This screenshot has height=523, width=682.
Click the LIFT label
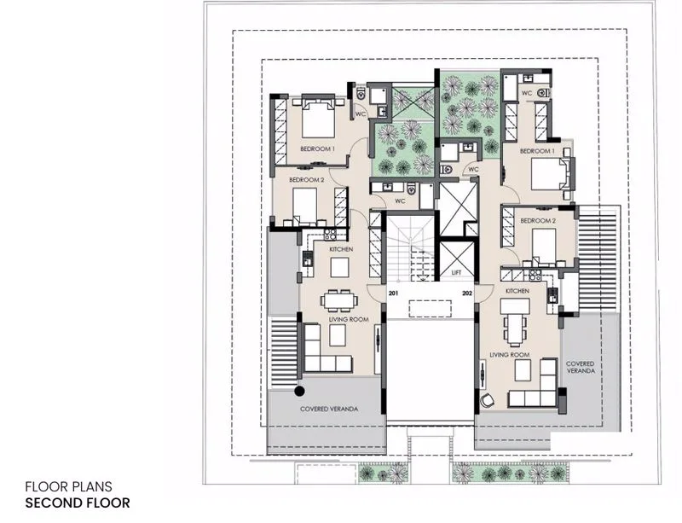pyautogui.click(x=456, y=273)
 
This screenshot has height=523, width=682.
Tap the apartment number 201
pyautogui.click(x=393, y=293)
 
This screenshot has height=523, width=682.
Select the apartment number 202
pyautogui.click(x=467, y=293)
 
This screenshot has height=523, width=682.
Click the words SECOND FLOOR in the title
pyautogui.click(x=78, y=503)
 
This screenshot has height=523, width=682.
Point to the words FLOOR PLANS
pyautogui.click(x=69, y=486)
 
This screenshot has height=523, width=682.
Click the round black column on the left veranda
pyautogui.click(x=299, y=391)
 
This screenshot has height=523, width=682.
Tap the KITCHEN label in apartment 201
pyautogui.click(x=341, y=249)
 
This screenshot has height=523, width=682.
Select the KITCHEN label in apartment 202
pyautogui.click(x=517, y=291)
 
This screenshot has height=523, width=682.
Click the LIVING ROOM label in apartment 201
pyautogui.click(x=349, y=320)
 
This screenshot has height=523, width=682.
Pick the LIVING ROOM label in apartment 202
pyautogui.click(x=510, y=355)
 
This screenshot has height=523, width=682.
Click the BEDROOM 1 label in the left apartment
pyautogui.click(x=317, y=149)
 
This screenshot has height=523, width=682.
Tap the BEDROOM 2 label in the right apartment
pyautogui.click(x=538, y=221)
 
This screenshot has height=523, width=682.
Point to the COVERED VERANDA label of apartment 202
pyautogui.click(x=581, y=367)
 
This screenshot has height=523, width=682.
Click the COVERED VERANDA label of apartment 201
pyautogui.click(x=329, y=410)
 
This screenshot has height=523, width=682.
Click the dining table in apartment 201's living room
pyautogui.click(x=339, y=300)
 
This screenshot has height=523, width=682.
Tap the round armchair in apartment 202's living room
pyautogui.click(x=487, y=400)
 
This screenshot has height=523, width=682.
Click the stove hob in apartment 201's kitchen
pyautogui.click(x=330, y=235)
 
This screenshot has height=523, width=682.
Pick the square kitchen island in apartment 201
pyautogui.click(x=339, y=267)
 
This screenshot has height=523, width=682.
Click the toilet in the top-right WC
pyautogui.click(x=543, y=93)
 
